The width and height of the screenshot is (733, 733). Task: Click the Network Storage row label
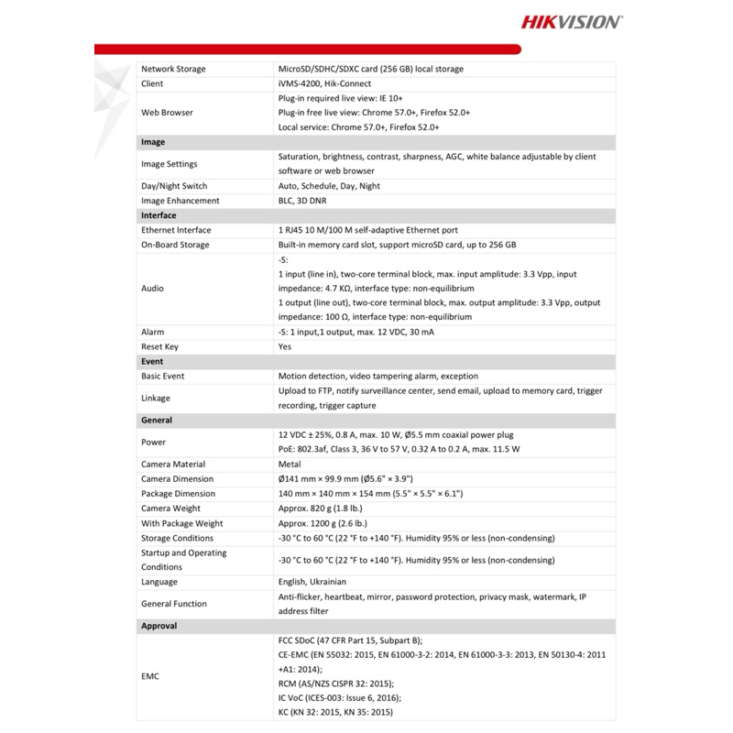(x=173, y=69)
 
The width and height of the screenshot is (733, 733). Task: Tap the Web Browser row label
(x=167, y=113)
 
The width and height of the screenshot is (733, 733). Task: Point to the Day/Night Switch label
(x=175, y=186)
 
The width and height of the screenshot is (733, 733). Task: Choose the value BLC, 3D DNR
(x=301, y=201)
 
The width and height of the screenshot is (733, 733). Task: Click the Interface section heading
(x=159, y=215)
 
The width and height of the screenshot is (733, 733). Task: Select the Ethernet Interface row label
(x=176, y=230)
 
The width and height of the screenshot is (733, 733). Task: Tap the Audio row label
(x=152, y=288)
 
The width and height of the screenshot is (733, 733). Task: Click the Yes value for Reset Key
(x=284, y=346)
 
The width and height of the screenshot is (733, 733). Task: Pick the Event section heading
(x=152, y=361)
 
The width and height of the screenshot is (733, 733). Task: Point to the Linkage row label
(x=157, y=398)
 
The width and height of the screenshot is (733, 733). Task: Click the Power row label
(x=153, y=442)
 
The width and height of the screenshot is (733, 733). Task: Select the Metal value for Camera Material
(x=290, y=465)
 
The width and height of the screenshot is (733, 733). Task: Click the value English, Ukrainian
(x=317, y=582)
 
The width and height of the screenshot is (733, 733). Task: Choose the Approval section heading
(x=159, y=626)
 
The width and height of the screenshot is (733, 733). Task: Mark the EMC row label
(x=151, y=677)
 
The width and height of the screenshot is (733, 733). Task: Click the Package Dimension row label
(x=178, y=494)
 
